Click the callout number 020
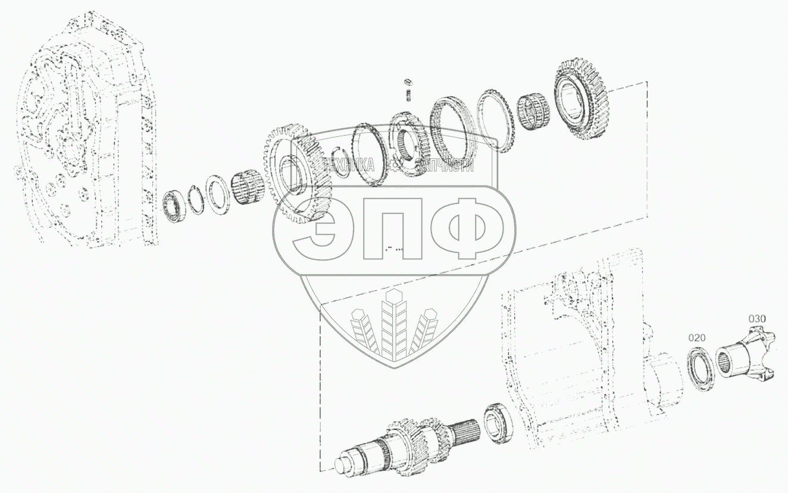[x=697, y=338]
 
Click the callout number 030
[x=756, y=319]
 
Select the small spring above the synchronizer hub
[x=409, y=96]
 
